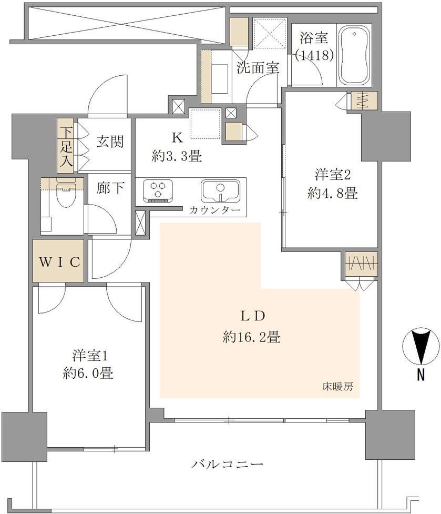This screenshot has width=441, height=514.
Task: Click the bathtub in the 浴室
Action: click(355, 56)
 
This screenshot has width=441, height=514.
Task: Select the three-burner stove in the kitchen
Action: click(158, 190)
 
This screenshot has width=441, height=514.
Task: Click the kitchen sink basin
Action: click(220, 192)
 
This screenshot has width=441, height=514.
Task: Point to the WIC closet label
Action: click(59, 262)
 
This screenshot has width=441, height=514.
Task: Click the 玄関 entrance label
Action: click(110, 142)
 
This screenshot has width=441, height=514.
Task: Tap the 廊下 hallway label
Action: click(110, 188)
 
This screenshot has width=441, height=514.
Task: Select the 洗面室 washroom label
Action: click(258, 67)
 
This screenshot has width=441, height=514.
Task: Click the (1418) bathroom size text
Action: click(314, 55)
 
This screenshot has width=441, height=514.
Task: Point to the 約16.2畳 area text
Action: click(251, 337)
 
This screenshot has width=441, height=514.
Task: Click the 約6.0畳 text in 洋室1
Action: click(88, 373)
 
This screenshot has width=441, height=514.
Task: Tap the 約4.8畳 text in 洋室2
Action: click(332, 193)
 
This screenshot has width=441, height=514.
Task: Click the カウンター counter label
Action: click(215, 210)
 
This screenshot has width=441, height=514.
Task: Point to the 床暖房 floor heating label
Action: click(337, 387)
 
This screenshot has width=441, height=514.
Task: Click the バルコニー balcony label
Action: click(227, 464)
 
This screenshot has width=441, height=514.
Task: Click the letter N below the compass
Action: click(421, 375)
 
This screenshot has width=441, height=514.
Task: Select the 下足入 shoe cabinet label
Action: click(66, 146)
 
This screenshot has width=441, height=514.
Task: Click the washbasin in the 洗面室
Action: click(219, 79)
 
